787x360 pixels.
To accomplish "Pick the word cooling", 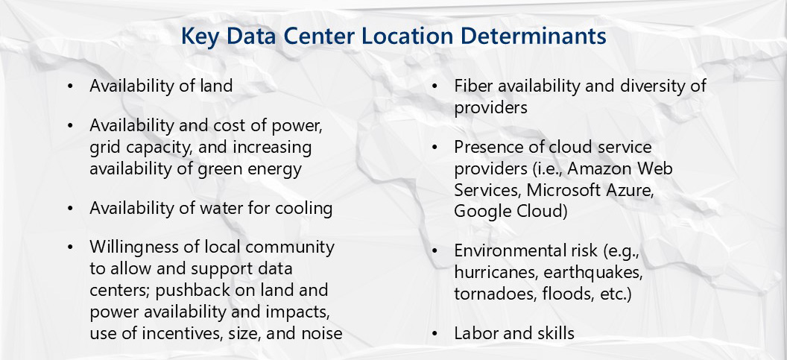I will click(303, 208).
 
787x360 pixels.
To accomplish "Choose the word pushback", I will click(198, 288).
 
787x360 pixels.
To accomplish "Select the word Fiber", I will click(472, 86).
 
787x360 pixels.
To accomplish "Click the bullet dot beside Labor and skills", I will click(434, 333).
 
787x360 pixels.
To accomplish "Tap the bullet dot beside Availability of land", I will click(70, 86).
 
